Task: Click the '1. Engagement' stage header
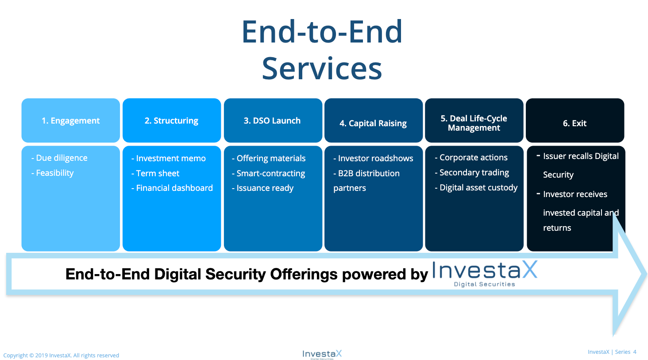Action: coord(70,120)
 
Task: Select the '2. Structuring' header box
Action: coord(172,120)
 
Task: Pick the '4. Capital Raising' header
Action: coord(374,120)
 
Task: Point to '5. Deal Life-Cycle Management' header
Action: coord(474,120)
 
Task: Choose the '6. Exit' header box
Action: coord(575,120)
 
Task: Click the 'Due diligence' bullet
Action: coord(59,158)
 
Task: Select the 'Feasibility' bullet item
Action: coord(52,173)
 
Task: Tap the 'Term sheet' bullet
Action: coord(155,173)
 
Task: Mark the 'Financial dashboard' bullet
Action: coord(172,188)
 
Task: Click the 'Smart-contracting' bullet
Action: coord(269,173)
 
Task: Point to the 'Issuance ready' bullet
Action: coord(262,188)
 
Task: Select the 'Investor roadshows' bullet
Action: coord(373,158)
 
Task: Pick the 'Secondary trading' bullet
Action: coord(472,173)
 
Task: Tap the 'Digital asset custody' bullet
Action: coord(476,187)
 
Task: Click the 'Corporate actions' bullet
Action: coord(471,158)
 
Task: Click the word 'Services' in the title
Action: coord(322,68)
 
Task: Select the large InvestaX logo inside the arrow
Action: coord(485,274)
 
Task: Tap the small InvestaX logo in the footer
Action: coord(322,355)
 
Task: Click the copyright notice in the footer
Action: coord(61,356)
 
